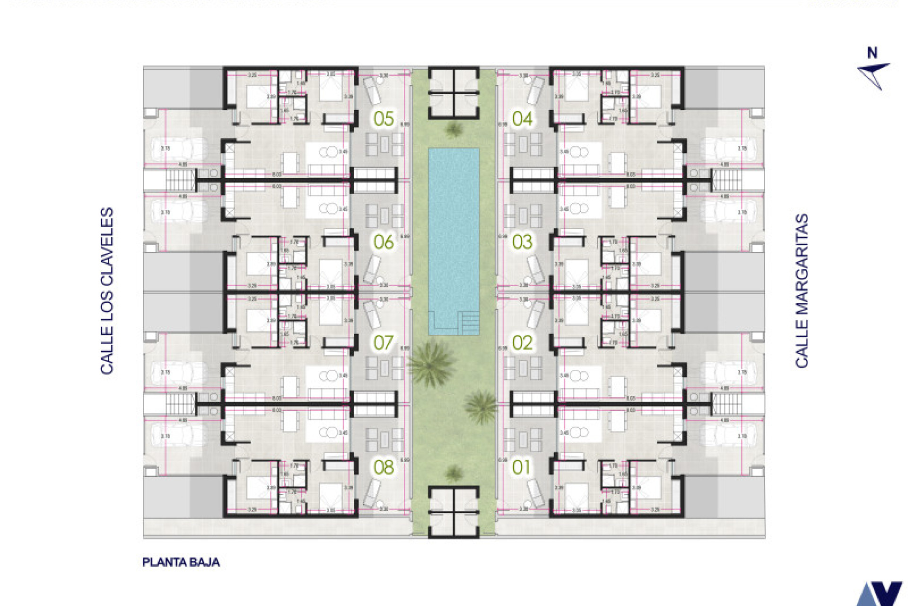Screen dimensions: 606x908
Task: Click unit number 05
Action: (383, 118)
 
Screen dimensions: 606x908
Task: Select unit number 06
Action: (383, 242)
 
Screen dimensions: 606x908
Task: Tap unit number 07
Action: (383, 343)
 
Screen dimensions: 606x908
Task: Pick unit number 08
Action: (383, 467)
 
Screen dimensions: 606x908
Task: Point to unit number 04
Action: (522, 118)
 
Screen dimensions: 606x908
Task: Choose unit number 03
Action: (522, 242)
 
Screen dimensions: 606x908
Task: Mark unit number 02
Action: (522, 343)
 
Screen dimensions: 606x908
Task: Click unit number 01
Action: (521, 467)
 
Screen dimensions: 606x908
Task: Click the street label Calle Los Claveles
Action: (107, 291)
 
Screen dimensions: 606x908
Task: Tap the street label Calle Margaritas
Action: (802, 291)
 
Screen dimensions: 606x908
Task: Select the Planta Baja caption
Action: (181, 562)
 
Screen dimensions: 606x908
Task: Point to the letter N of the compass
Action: (873, 53)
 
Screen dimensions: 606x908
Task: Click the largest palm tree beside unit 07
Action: (431, 364)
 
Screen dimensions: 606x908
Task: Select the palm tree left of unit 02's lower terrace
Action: (481, 406)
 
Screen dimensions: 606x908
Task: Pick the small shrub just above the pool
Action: (454, 129)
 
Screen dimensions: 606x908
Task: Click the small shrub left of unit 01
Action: (454, 472)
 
